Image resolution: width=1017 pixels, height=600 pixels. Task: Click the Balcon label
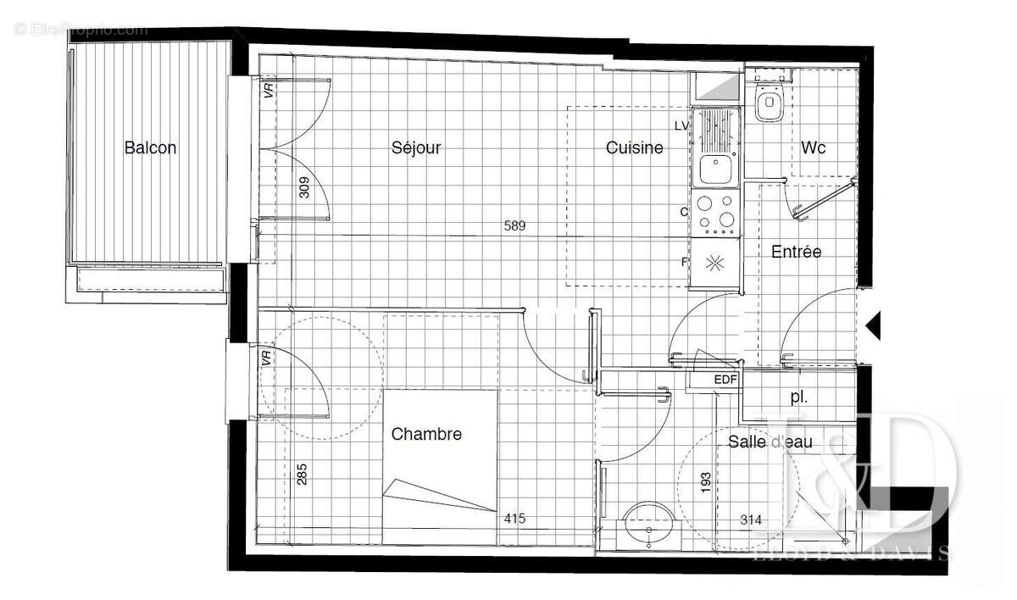[150, 147]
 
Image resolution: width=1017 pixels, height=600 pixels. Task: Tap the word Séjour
[416, 147]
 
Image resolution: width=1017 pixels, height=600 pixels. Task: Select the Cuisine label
[634, 147]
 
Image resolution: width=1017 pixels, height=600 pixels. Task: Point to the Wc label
[814, 147]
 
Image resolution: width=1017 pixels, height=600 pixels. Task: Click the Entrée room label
[796, 252]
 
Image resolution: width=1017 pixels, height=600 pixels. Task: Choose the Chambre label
[426, 434]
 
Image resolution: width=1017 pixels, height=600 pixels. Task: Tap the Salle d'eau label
[770, 442]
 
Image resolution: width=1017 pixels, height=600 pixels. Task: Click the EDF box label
[725, 381]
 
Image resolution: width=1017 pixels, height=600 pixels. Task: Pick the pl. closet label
[798, 396]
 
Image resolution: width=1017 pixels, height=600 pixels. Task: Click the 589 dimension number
[515, 226]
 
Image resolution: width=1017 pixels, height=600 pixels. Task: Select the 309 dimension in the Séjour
[305, 186]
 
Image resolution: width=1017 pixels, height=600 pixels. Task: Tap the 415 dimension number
[515, 519]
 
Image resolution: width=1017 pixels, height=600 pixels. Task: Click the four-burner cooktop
[715, 214]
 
